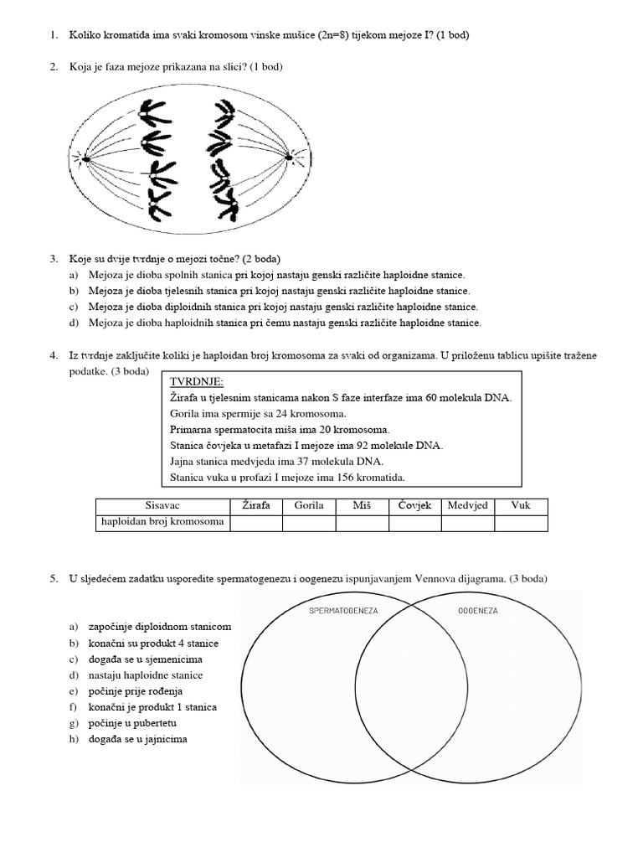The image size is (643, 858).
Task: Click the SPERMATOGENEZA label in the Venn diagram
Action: pos(344,610)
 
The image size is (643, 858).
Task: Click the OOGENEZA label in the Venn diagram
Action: pos(478,610)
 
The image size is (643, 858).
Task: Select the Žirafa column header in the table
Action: pos(255,506)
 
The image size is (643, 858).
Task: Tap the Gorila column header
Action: pos(309,506)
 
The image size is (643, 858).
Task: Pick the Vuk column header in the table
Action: pos(520,506)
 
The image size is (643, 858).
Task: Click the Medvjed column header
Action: pos(467,506)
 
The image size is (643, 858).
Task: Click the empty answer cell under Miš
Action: pos(362,523)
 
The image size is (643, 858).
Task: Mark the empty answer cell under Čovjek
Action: pos(414,523)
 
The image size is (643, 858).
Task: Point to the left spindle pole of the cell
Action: pos(84,157)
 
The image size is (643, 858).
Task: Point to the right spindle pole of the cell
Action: pos(289,157)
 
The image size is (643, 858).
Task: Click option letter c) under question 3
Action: pos(73,307)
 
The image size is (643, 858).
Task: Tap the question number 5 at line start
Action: pos(52,578)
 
